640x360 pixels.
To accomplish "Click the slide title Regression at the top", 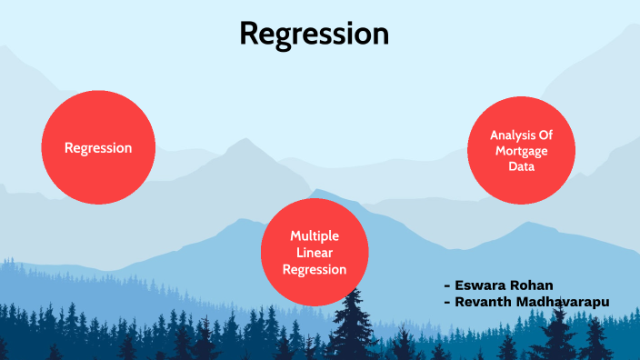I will coord(314,34).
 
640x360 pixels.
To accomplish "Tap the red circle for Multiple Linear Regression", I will coord(315,252).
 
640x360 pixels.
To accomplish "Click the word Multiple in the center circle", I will coord(315,235).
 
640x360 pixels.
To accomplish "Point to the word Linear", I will coord(315,252).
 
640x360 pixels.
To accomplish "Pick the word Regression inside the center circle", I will coord(315,269).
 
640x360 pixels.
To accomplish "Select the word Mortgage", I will coord(522,151).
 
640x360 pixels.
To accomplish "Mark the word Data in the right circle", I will coord(522,167).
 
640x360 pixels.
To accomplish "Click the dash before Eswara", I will coord(446,285).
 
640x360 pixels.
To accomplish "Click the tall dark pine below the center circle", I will coord(350,327).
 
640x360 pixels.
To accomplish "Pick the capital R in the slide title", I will coord(250,35).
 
